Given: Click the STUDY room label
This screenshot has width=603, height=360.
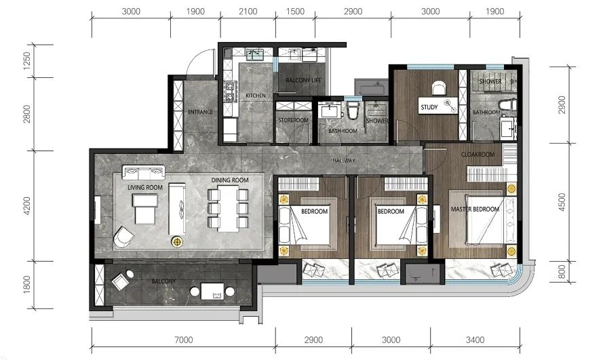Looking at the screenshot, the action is [x=429, y=107].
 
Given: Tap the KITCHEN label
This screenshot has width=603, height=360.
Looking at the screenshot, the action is [x=256, y=96].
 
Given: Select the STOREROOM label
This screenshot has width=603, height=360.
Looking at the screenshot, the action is [x=294, y=120].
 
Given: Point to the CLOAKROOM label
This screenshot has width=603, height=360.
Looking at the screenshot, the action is [x=478, y=155].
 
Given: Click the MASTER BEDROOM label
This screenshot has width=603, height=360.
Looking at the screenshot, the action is [x=475, y=209].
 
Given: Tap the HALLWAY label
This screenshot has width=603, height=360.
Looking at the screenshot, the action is [x=344, y=161].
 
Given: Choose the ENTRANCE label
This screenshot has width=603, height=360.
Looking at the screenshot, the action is [x=200, y=112].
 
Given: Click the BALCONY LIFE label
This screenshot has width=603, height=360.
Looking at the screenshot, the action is [x=303, y=80].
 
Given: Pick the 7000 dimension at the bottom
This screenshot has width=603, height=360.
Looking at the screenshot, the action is [x=183, y=340].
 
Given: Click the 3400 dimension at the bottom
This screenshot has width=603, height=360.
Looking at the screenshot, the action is [x=475, y=340].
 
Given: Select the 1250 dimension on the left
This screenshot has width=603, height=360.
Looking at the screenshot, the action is [x=26, y=61].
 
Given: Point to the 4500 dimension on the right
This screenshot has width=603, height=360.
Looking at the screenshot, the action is [x=562, y=202].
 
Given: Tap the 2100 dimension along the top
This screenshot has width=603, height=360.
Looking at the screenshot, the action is [x=248, y=12].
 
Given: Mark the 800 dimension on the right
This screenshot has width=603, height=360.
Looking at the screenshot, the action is [x=562, y=272].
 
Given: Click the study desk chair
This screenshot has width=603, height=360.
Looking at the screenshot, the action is [x=438, y=87].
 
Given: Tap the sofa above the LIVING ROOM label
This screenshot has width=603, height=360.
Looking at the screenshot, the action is [x=143, y=172].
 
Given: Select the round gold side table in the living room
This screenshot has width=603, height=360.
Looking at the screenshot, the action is [x=177, y=241].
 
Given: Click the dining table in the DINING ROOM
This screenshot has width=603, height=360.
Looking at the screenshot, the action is [x=228, y=208].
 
